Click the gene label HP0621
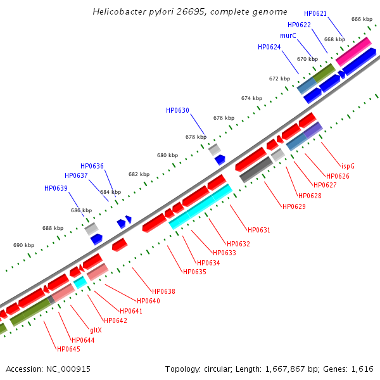pyautogui.click(x=315, y=13)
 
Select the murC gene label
pyautogui.click(x=288, y=36)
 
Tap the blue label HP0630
pyautogui.click(x=177, y=110)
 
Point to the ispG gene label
pyautogui.click(x=348, y=165)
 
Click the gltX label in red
pyautogui.click(x=95, y=330)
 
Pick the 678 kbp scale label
pyautogui.click(x=196, y=137)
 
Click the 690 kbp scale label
pyautogui.click(x=23, y=245)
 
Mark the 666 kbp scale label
pyautogui.click(x=362, y=19)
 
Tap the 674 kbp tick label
pyautogui.click(x=251, y=98)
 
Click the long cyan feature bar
pyautogui.click(x=201, y=206)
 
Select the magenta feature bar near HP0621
pyautogui.click(x=353, y=51)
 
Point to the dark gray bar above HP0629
pyautogui.click(x=256, y=169)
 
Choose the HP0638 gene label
pyautogui.click(x=163, y=291)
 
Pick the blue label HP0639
pyautogui.click(x=56, y=188)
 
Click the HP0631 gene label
pyautogui.click(x=259, y=230)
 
